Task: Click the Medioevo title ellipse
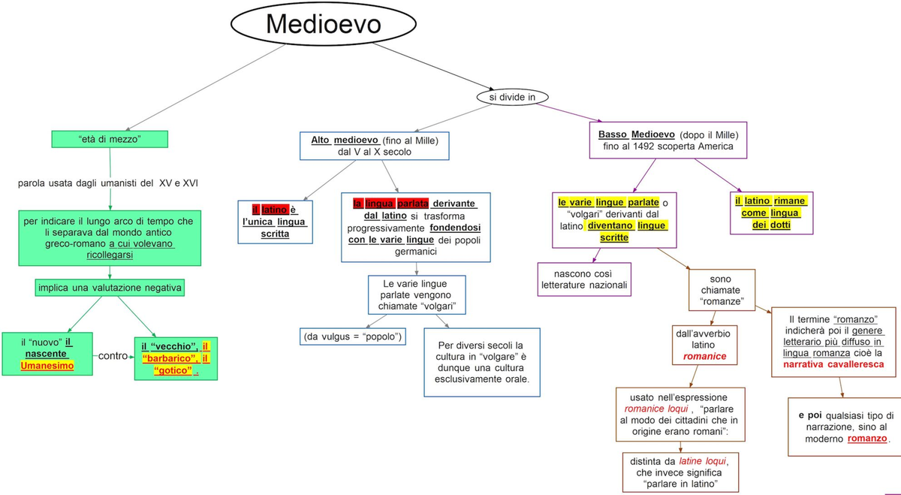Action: pos(324,26)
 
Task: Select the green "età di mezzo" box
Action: pos(110,139)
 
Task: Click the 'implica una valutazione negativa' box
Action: pos(110,288)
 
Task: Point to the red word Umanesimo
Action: pos(47,366)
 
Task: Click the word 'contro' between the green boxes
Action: pos(113,355)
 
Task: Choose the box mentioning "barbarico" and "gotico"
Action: pos(176,358)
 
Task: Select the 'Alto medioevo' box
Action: pos(374,146)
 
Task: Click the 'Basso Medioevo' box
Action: pos(668,140)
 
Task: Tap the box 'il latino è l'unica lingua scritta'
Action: pos(275,222)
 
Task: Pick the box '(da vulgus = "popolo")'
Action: pos(352,337)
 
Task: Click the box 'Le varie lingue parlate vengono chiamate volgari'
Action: pos(416,294)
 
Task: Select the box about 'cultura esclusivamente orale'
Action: pos(481,362)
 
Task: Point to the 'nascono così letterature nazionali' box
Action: pos(585,279)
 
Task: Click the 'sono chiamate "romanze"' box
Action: pos(721,290)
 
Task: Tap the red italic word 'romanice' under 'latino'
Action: pos(705,357)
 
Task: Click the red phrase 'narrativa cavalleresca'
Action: pos(833,364)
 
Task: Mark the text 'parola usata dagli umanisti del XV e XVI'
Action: pos(108,183)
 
